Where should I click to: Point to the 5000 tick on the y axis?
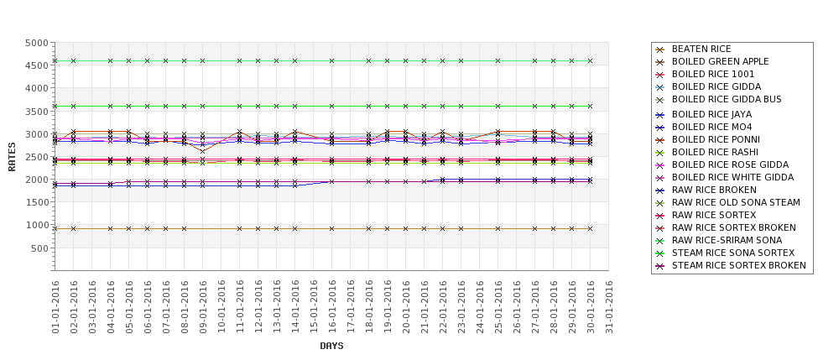35,43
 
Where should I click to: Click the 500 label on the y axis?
39,248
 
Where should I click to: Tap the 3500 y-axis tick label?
35,112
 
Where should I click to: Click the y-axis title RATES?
12,156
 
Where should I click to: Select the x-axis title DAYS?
331,346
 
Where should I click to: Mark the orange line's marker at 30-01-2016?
590,228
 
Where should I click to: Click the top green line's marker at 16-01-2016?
331,60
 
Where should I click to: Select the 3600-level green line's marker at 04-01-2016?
110,106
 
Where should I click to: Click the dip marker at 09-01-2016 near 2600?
202,152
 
